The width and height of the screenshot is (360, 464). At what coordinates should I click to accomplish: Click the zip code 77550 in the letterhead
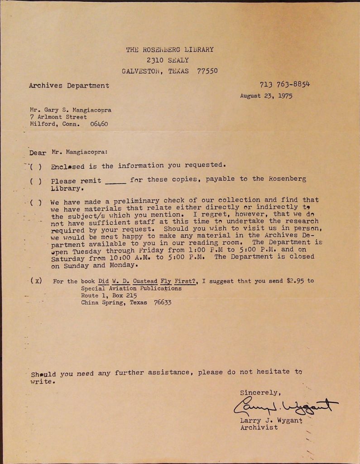click(x=207, y=71)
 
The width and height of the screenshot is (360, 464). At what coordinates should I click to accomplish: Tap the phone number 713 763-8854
click(x=284, y=84)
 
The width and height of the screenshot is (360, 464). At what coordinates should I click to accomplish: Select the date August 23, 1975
click(x=266, y=96)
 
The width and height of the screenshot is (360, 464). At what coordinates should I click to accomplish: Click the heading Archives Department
click(x=69, y=85)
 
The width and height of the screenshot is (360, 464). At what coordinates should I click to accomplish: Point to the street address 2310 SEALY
click(x=168, y=60)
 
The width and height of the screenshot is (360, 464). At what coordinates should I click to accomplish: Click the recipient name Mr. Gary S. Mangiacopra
click(x=70, y=110)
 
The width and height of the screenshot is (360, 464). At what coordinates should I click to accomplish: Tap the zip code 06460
click(x=99, y=124)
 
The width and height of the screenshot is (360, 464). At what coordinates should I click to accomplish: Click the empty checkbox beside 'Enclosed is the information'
click(x=36, y=166)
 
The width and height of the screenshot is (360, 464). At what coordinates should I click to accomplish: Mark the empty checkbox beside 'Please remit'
click(x=36, y=181)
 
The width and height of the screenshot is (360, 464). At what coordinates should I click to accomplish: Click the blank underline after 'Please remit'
click(x=115, y=182)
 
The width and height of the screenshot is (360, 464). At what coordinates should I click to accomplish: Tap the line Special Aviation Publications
click(x=131, y=288)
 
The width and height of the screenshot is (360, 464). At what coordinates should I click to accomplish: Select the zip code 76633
click(x=162, y=303)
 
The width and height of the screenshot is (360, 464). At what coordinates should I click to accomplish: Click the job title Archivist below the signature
click(x=259, y=427)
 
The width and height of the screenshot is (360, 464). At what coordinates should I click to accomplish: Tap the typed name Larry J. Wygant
click(x=271, y=420)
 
